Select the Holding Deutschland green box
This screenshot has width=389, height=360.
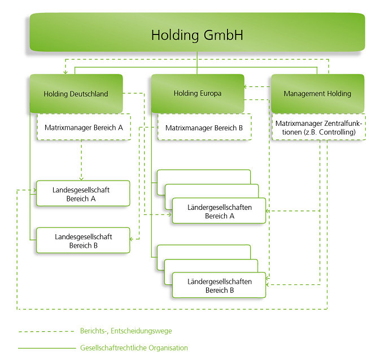pyautogui.click(x=76, y=94)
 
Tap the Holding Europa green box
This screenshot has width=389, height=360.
pyautogui.click(x=197, y=94)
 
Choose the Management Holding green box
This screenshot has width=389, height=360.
pyautogui.click(x=317, y=94)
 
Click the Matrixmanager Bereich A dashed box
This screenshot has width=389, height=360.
pyautogui.click(x=84, y=128)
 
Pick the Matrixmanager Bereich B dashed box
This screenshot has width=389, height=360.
pyautogui.click(x=204, y=128)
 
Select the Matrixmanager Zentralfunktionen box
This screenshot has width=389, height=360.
pyautogui.click(x=319, y=128)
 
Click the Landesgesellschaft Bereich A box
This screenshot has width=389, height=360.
pyautogui.click(x=83, y=194)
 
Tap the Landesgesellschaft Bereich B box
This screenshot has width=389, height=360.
pyautogui.click(x=83, y=241)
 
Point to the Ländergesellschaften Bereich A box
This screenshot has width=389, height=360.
pyautogui.click(x=219, y=212)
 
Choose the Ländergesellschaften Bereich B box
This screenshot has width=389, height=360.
pyautogui.click(x=219, y=286)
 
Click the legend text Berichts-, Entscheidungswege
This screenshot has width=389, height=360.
pyautogui.click(x=125, y=331)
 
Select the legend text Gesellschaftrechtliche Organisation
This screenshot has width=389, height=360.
pyautogui.click(x=134, y=348)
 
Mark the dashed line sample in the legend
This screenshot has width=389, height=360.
pyautogui.click(x=46, y=332)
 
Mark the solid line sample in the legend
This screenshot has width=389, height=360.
pyautogui.click(x=46, y=348)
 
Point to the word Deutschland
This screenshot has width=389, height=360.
pyautogui.click(x=88, y=94)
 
